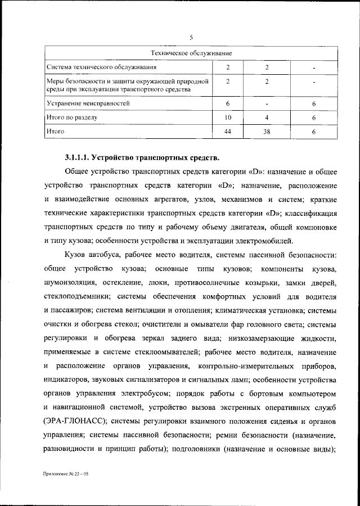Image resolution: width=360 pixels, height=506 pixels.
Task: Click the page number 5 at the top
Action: (191, 38)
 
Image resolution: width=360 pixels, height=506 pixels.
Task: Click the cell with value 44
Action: (228, 132)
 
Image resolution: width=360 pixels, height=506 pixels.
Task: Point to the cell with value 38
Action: (267, 132)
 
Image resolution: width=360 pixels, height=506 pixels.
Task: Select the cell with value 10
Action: (228, 118)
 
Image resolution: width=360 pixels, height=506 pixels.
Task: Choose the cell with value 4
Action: (267, 118)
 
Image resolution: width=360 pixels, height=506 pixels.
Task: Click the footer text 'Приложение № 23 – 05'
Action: (66, 474)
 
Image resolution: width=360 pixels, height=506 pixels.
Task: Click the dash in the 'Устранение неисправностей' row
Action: (267, 104)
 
